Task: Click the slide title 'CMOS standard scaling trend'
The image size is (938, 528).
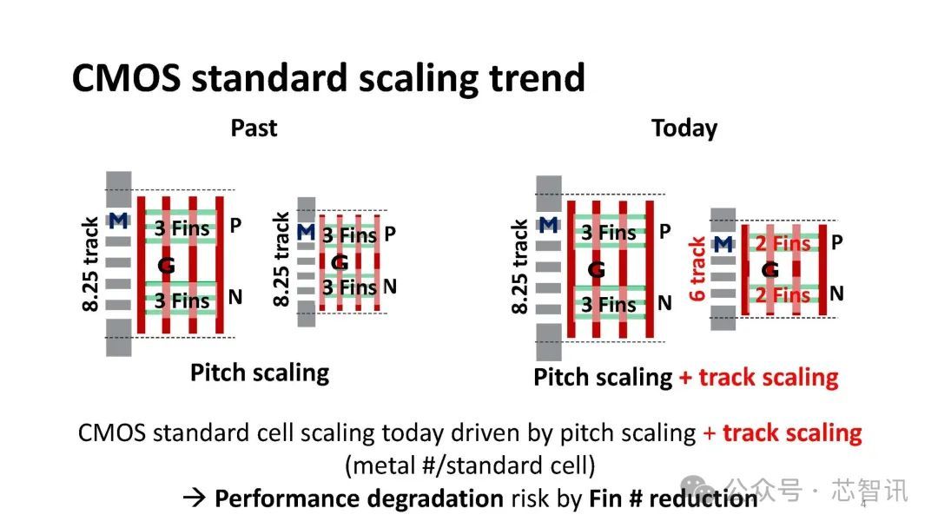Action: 328,78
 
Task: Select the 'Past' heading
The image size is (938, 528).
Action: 254,128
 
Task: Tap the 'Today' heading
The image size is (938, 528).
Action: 684,128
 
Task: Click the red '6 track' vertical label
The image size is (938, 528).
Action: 697,268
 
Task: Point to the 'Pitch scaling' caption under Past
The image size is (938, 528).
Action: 260,373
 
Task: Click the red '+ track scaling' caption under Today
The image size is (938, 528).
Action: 758,377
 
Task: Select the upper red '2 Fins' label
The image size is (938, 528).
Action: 783,243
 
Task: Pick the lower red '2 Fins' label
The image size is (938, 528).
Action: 783,294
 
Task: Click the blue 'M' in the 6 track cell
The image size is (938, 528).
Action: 723,244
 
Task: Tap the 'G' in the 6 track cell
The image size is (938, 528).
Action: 770,270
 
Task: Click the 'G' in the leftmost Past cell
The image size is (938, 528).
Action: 166,265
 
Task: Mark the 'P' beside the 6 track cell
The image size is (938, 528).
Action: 837,242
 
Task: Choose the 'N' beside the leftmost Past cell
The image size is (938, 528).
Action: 235,297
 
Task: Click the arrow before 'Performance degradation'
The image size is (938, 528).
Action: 195,498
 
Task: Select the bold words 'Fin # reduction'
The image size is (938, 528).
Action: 673,498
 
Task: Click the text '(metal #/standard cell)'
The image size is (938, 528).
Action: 470,465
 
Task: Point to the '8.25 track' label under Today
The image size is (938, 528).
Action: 519,267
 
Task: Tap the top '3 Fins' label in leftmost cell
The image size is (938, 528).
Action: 182,228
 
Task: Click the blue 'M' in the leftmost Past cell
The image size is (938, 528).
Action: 118,221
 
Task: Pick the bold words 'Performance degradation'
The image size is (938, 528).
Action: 359,498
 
